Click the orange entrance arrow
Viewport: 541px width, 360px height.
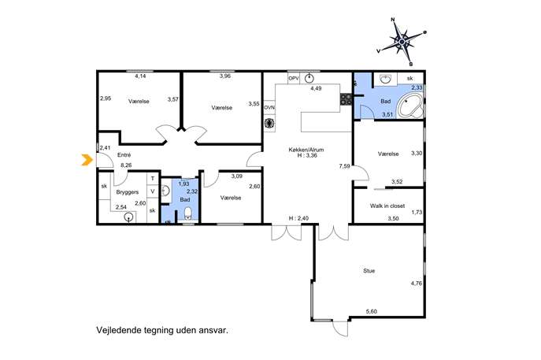tap(87, 160)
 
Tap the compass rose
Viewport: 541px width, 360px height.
tap(402, 42)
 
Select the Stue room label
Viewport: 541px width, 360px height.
tap(369, 271)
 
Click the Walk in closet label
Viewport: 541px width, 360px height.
tap(387, 206)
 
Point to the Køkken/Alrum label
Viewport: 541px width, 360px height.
tap(306, 150)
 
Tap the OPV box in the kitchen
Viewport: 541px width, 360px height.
tap(294, 79)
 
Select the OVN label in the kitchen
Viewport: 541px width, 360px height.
tap(269, 108)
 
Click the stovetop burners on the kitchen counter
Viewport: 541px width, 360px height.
tap(346, 99)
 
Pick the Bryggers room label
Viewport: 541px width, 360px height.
tap(128, 192)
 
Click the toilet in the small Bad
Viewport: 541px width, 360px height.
tap(188, 213)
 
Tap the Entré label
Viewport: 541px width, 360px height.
tap(124, 155)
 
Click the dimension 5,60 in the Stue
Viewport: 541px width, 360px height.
tap(371, 312)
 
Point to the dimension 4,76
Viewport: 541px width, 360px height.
tap(416, 284)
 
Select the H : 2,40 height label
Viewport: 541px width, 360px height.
tap(298, 218)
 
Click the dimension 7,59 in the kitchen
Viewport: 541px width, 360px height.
tap(344, 166)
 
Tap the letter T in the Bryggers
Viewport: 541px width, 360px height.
tap(153, 179)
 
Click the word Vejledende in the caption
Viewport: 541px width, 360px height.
tap(114, 330)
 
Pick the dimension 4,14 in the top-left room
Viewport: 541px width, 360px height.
tap(140, 76)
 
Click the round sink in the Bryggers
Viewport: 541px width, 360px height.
tap(129, 217)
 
